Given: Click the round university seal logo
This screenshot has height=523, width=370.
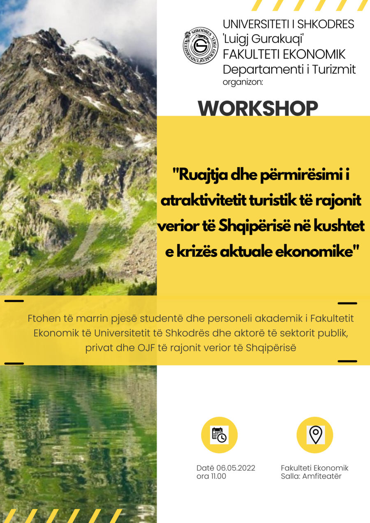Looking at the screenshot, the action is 201,46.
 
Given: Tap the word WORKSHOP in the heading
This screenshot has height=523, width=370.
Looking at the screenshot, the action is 258,108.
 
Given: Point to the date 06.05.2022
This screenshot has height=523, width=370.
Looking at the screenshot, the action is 236,468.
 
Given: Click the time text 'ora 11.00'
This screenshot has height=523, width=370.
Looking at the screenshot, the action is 211,476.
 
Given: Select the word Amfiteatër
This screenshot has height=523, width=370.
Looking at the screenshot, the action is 322,476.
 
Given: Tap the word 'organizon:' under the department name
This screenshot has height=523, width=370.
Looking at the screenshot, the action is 243,82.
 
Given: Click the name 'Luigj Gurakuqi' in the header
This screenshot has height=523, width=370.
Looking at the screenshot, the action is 263,39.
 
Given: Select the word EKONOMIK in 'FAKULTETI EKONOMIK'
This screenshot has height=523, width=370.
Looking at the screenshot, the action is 314,54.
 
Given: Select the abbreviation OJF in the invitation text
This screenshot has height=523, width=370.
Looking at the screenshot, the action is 146,348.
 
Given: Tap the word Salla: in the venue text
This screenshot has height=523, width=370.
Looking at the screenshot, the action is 291,476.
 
